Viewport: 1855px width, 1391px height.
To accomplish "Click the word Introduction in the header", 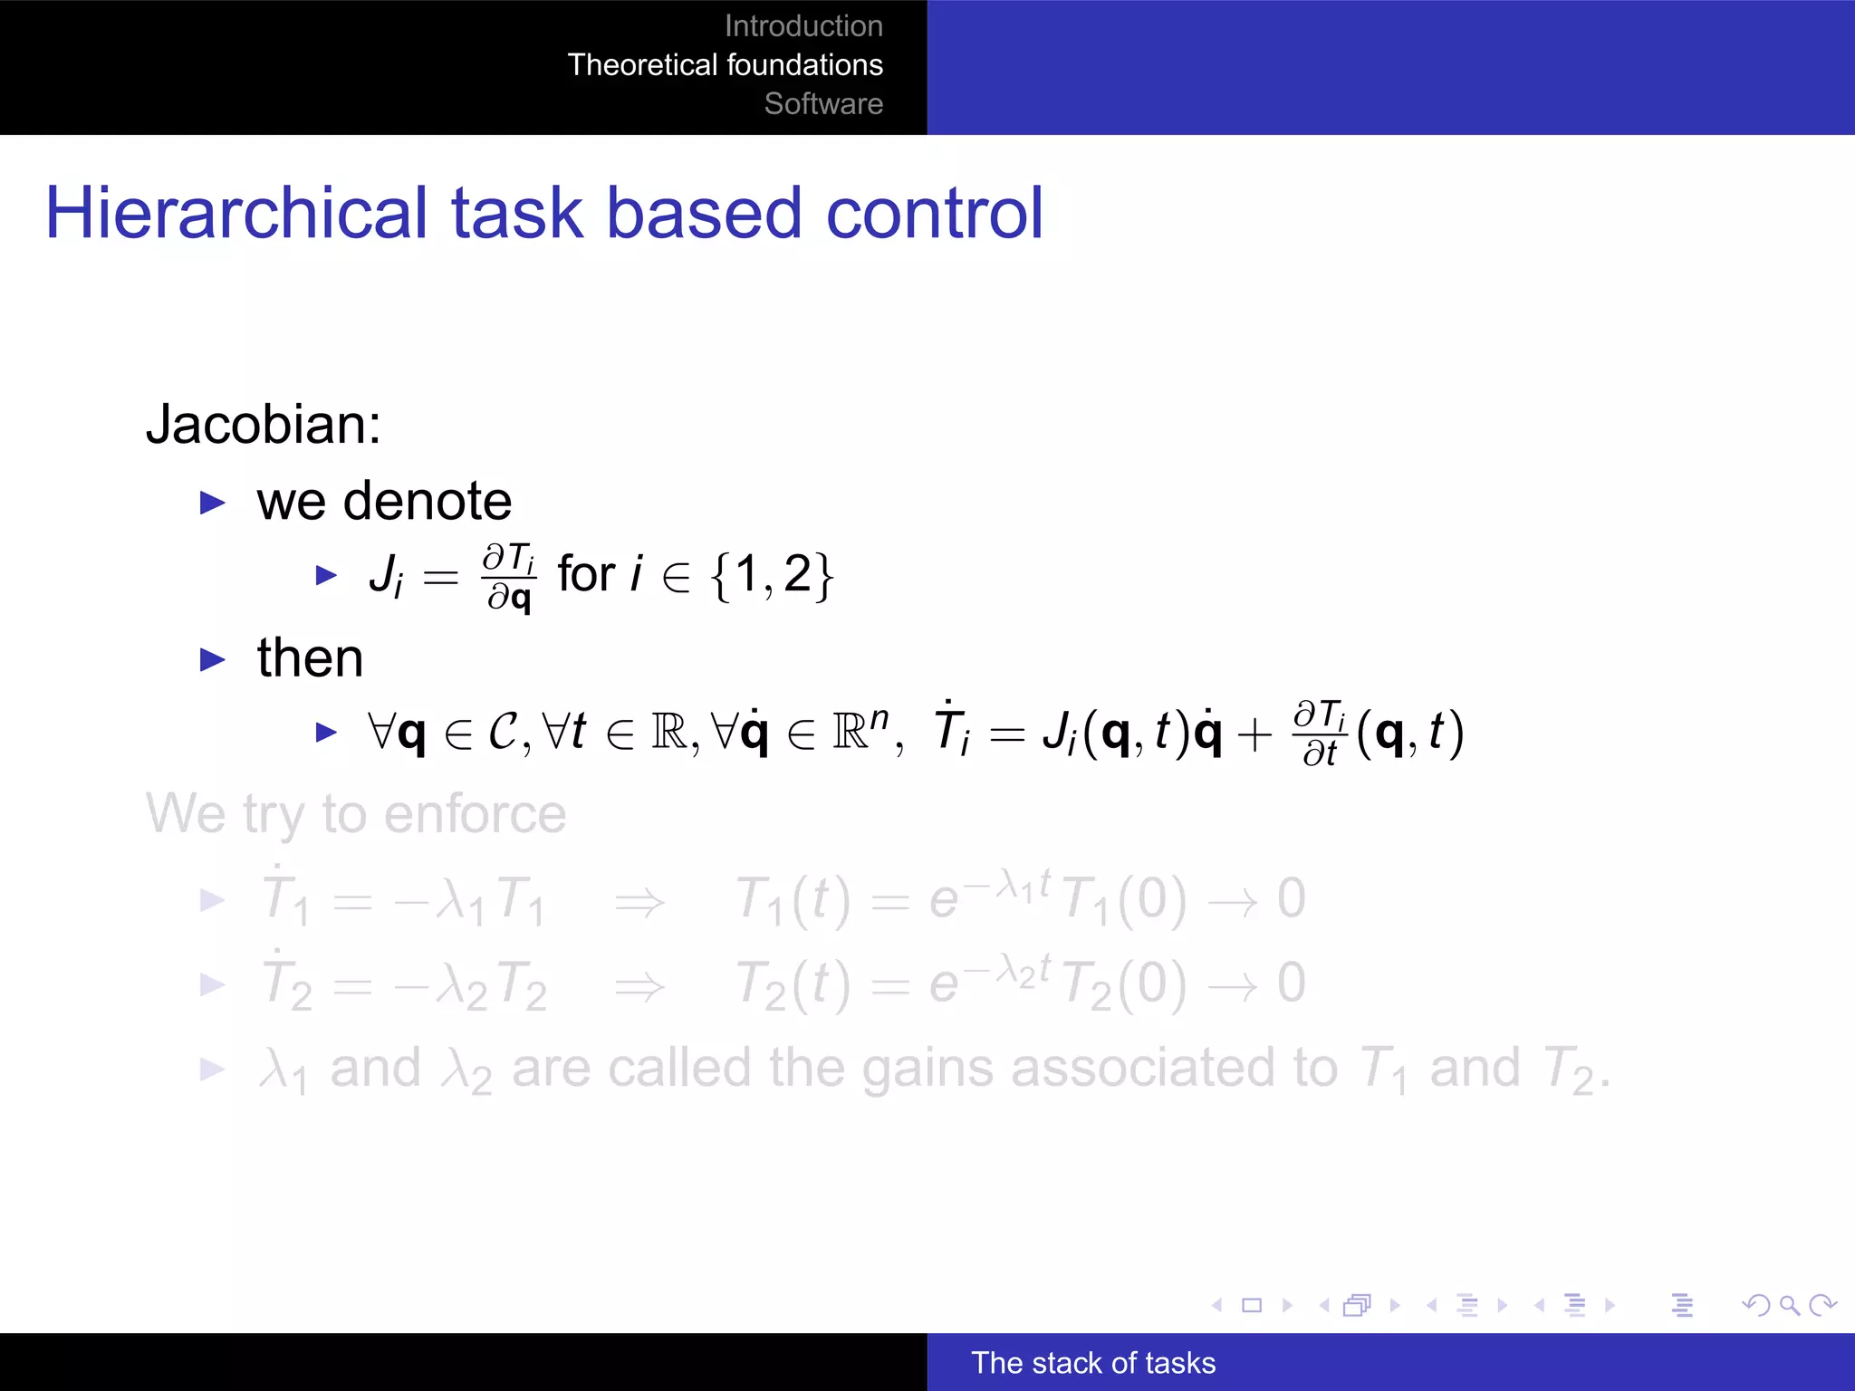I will [x=803, y=26].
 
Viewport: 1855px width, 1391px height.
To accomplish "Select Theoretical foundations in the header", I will [x=725, y=65].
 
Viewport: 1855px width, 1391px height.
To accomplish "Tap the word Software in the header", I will [x=823, y=104].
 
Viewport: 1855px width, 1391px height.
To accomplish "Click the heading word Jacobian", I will [x=263, y=424].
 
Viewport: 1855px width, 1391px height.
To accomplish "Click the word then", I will [x=310, y=657].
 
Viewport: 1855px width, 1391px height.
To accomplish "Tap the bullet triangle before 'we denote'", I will [x=212, y=503].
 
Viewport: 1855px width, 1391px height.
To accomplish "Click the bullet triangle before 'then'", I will [x=212, y=659].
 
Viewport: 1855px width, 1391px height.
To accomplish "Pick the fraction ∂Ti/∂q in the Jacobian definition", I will [x=509, y=577].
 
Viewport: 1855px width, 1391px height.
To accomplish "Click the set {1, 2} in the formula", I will [x=772, y=575].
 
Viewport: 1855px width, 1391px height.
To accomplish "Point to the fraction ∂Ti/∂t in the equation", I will [x=1320, y=734].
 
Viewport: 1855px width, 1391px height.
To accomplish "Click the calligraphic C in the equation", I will [x=503, y=732].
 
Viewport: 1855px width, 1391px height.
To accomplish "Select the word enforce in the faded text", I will [x=475, y=813].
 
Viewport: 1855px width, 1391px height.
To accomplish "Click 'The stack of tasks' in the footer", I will [x=1093, y=1363].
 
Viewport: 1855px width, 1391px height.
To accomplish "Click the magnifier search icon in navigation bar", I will [x=1789, y=1305].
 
